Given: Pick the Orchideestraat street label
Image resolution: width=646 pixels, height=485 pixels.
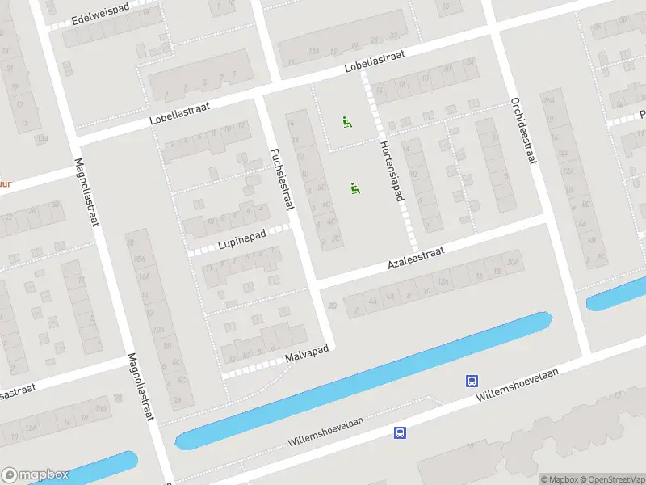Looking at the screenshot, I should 523,130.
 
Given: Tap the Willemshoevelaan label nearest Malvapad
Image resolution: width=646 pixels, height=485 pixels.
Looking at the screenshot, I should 326,432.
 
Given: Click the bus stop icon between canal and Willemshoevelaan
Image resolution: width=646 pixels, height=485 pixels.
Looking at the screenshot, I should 471,381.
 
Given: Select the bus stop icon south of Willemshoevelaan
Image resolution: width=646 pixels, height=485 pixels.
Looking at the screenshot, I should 400,432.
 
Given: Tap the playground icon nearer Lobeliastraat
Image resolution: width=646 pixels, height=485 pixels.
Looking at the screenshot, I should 347,124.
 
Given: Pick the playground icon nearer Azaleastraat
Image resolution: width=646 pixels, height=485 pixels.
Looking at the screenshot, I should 354,188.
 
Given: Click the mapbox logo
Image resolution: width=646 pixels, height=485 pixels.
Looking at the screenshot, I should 35,475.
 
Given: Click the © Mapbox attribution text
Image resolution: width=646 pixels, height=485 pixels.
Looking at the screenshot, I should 560,479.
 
